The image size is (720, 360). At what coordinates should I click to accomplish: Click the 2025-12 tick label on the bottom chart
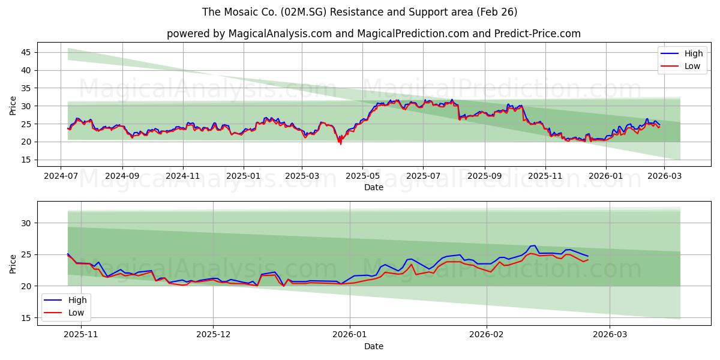[x=213, y=335]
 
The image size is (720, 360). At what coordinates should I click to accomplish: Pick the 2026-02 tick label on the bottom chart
[x=487, y=335]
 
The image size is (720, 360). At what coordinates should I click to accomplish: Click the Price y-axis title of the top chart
[x=13, y=106]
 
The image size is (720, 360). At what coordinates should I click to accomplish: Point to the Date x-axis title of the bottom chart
[x=373, y=346]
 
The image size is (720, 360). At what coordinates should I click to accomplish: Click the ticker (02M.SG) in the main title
[x=315, y=12]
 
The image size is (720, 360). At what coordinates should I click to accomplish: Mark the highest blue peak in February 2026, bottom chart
[x=534, y=245]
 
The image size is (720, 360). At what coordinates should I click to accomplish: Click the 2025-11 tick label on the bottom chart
[x=80, y=335]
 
